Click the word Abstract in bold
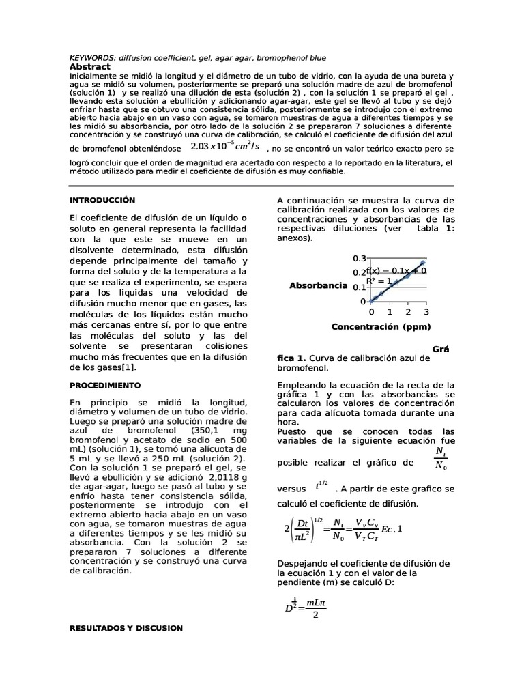(90, 67)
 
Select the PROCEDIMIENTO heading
(106, 386)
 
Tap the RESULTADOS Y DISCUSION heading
(127, 627)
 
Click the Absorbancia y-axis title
(319, 285)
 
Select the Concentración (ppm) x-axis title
(381, 327)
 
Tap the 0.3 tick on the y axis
(359, 259)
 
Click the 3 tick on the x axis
(426, 311)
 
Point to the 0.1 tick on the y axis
(359, 287)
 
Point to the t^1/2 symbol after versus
(321, 486)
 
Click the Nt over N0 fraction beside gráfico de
(441, 459)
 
